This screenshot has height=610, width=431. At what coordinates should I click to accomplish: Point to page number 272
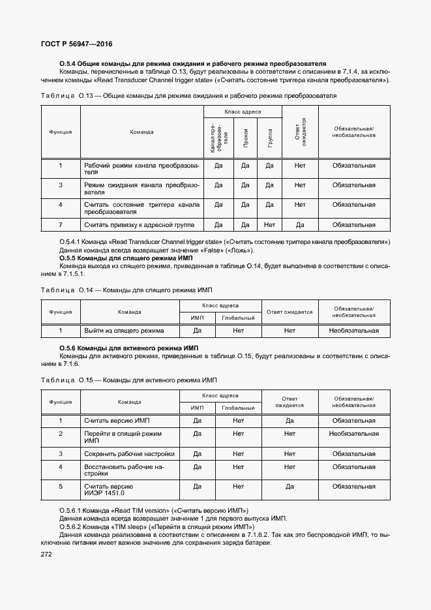(x=48, y=554)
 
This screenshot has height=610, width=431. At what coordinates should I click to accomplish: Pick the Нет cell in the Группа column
(x=269, y=225)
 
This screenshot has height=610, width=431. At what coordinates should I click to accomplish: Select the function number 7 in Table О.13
(x=61, y=225)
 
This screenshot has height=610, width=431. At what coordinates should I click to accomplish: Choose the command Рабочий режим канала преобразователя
(x=141, y=169)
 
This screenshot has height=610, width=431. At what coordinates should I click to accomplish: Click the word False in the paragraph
(x=204, y=251)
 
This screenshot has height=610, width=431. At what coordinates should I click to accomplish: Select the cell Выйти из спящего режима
(x=124, y=331)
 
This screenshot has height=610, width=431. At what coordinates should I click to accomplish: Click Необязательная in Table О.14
(x=353, y=331)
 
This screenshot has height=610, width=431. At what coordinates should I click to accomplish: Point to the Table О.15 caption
(x=138, y=380)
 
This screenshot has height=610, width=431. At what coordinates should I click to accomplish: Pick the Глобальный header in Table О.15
(x=237, y=408)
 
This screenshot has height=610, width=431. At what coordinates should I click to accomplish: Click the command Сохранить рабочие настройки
(x=129, y=453)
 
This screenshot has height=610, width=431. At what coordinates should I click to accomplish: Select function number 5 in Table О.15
(x=61, y=486)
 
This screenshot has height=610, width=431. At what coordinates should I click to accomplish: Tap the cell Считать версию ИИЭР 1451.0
(x=109, y=490)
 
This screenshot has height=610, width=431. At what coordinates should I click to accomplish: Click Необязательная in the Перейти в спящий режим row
(x=353, y=433)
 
